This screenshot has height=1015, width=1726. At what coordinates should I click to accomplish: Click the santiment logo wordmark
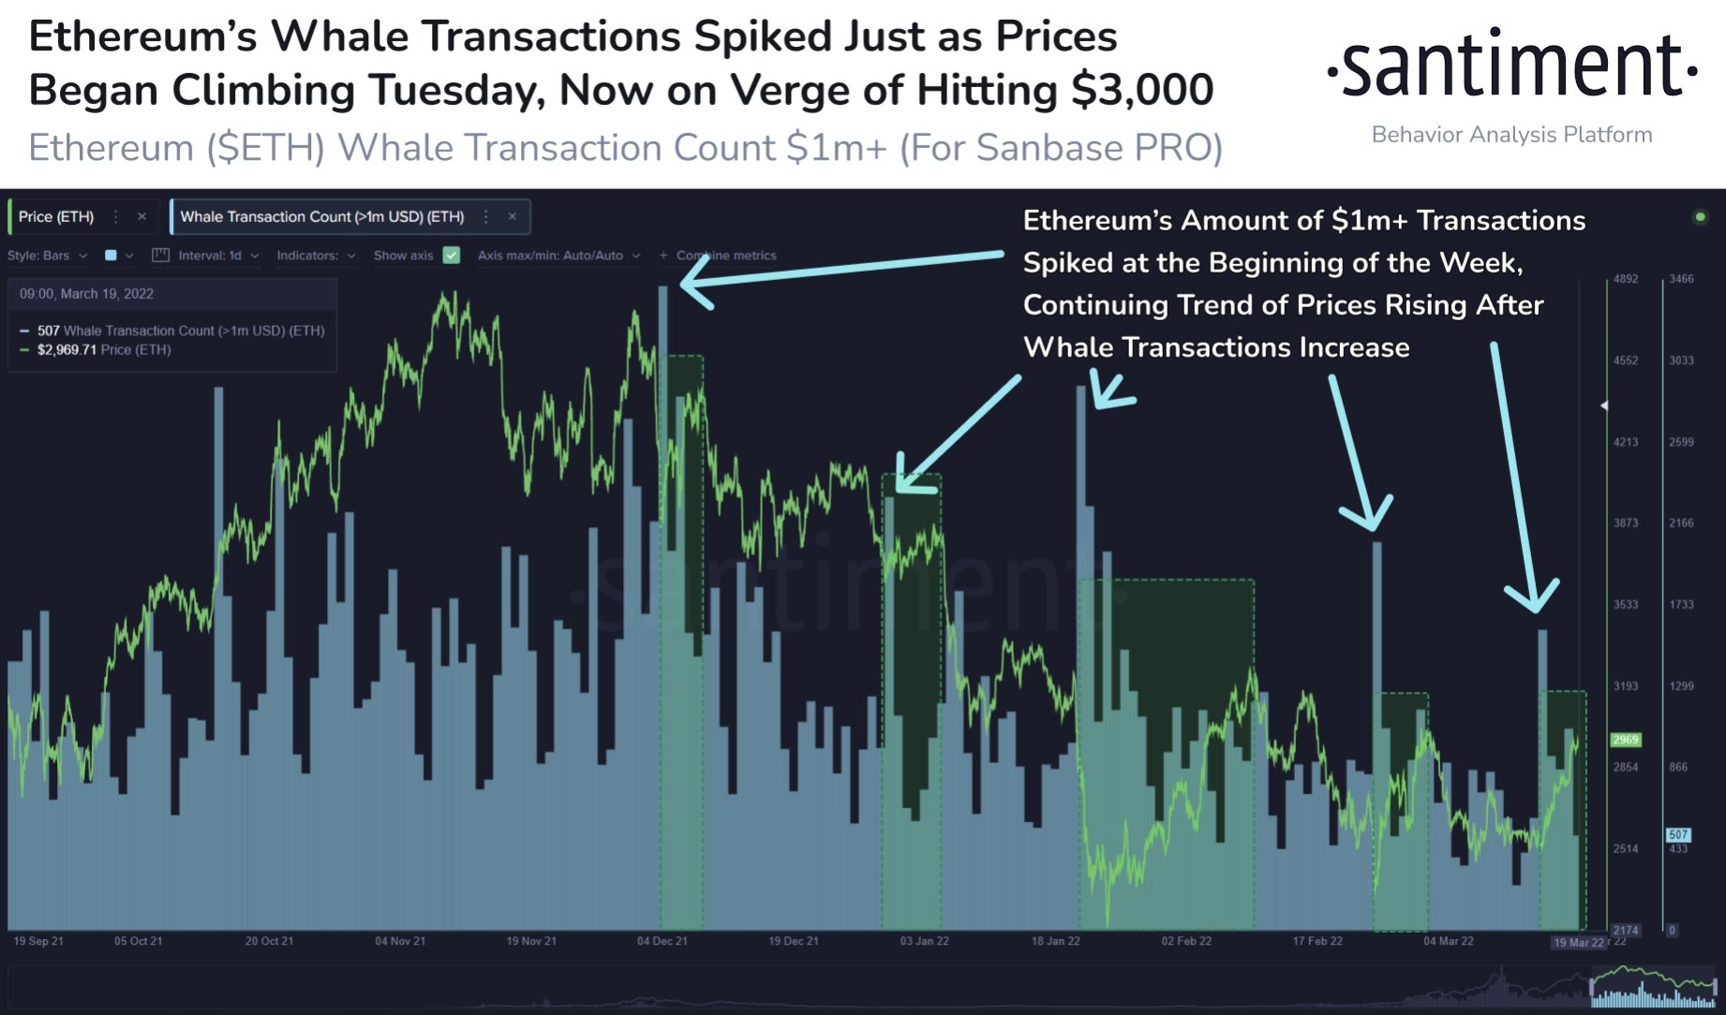[1512, 65]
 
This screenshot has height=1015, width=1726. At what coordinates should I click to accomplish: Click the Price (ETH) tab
[56, 216]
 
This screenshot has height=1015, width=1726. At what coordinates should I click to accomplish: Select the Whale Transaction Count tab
[321, 216]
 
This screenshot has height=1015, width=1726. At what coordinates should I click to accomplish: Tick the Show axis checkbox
[452, 255]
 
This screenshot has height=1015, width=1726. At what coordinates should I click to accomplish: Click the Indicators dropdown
[316, 255]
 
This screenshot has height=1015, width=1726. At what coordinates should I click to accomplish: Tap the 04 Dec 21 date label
[662, 941]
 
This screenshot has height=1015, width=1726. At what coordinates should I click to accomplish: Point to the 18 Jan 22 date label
[1055, 941]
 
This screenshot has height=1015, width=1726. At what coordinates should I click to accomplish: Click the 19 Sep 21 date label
[38, 941]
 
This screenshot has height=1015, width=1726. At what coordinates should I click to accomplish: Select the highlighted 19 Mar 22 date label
[1579, 942]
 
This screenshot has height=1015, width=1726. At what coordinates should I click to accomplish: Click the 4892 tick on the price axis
[1626, 279]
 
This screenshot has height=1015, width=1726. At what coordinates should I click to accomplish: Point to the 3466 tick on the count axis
[1681, 279]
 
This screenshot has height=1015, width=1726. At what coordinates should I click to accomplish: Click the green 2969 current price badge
[1626, 740]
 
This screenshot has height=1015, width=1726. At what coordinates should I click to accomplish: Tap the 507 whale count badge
[1678, 834]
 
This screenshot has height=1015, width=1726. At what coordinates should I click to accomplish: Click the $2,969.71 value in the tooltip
[67, 349]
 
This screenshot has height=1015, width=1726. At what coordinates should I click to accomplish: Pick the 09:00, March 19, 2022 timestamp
[86, 294]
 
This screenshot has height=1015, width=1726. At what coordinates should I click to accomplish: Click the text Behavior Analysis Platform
[1511, 135]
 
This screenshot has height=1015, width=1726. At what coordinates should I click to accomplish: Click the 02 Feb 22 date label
[1186, 941]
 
